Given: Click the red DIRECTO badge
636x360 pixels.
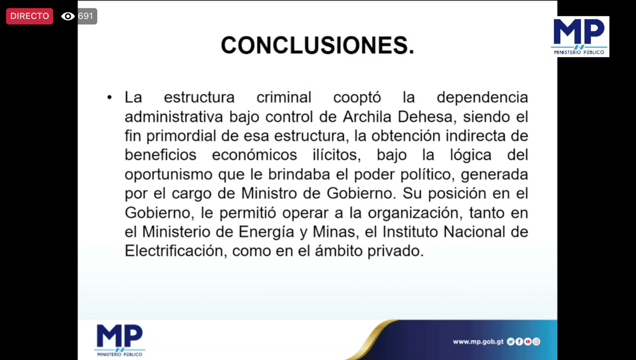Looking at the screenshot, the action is (x=29, y=16).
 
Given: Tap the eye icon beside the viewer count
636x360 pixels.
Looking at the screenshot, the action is (x=68, y=16).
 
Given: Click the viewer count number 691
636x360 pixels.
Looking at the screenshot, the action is (x=85, y=16).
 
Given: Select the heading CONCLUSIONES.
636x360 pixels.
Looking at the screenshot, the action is (x=318, y=45).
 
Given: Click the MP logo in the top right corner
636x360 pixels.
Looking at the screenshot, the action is (x=580, y=37).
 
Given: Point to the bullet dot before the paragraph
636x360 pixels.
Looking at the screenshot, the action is (x=110, y=97).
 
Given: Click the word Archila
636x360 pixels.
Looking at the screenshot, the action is (x=367, y=117).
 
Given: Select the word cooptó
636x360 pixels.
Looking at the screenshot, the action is (x=357, y=97).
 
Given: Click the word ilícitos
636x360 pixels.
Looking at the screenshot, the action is (x=337, y=155).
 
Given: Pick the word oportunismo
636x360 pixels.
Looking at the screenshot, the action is (x=169, y=175).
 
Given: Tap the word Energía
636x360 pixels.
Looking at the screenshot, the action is (x=266, y=232).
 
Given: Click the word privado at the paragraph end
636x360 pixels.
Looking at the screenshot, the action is (x=396, y=251).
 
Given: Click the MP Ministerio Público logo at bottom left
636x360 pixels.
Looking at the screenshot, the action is (x=120, y=341).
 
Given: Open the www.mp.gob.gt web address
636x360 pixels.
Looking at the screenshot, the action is (x=478, y=342).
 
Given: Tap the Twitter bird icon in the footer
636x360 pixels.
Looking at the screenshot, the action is (x=510, y=342).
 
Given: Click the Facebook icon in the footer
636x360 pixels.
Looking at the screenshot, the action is (x=519, y=342).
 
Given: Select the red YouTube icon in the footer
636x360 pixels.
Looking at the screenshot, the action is (x=527, y=342).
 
